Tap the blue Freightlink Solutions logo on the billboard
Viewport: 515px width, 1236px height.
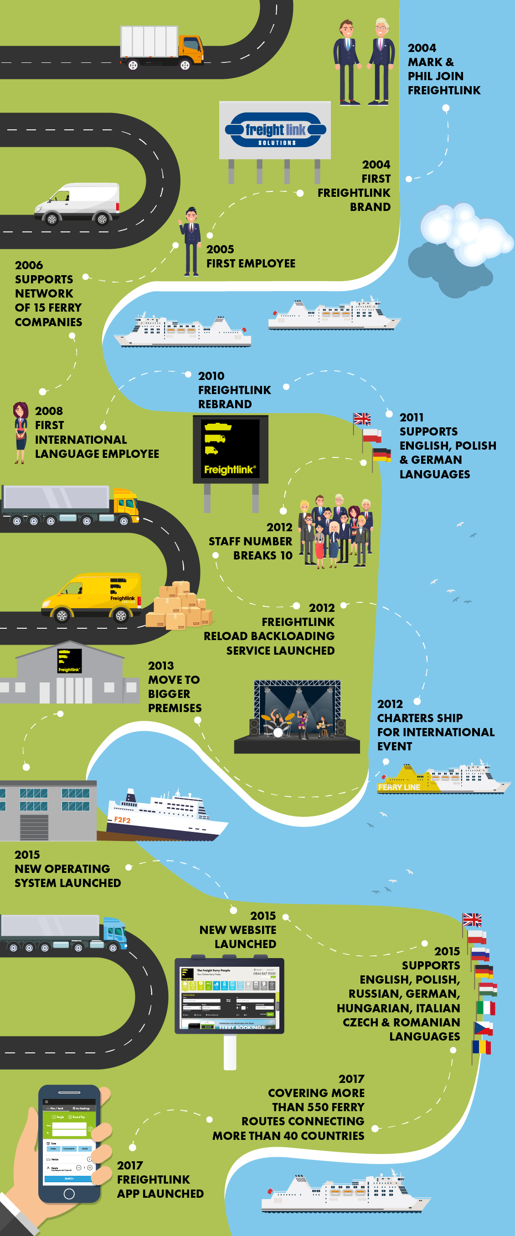[275, 130]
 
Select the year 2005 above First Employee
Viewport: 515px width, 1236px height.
[220, 250]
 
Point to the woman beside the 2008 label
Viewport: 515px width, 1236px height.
[20, 432]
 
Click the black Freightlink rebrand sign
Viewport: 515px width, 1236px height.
[230, 449]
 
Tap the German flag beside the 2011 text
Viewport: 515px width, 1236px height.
[381, 454]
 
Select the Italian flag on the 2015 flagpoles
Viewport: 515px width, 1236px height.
[486, 1009]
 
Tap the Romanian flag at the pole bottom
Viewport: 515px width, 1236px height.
[481, 1046]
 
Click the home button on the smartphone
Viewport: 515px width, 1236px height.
[69, 1193]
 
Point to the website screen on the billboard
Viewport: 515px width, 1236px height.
[229, 996]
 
